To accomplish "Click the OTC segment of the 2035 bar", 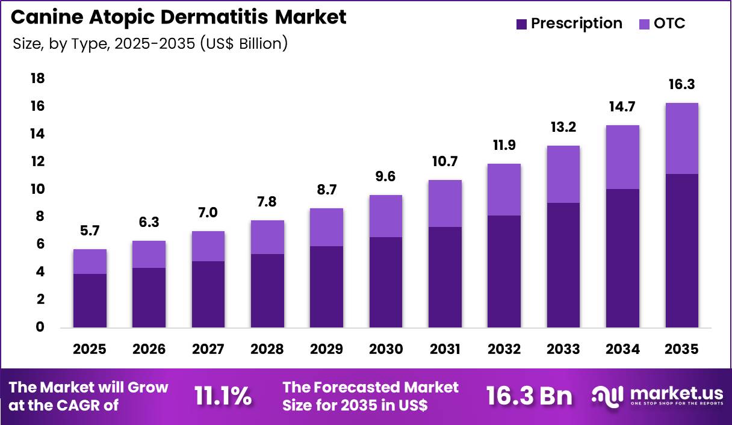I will (x=682, y=138).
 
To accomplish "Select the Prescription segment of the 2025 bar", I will (x=90, y=300).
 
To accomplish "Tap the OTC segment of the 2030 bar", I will (x=386, y=216).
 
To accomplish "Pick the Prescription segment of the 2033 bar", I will (x=563, y=265).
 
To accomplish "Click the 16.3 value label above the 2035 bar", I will (x=682, y=84).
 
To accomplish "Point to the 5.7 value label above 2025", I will (x=90, y=231).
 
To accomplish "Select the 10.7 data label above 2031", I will (x=445, y=161).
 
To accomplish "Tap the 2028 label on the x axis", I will (x=268, y=350).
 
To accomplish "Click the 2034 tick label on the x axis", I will (x=622, y=350).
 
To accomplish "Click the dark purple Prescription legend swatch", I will (x=522, y=24).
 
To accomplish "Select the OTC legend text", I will (x=669, y=24).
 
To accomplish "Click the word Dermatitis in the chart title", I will (x=219, y=17).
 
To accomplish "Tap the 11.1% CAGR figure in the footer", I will (x=223, y=396).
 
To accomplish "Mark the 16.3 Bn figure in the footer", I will (x=529, y=396).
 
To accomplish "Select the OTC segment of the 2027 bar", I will (x=208, y=246).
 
